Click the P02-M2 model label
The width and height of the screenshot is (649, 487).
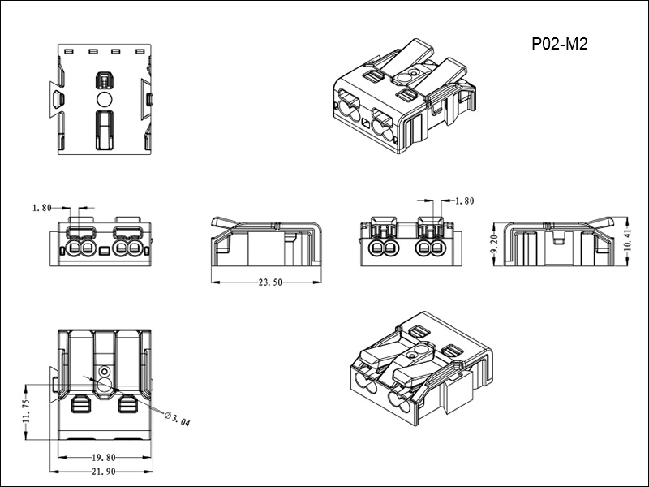click(x=560, y=45)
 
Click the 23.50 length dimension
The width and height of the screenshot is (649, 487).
click(x=270, y=283)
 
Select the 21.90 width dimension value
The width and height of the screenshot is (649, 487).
click(x=104, y=472)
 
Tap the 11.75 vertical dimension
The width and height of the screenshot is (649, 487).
click(x=28, y=410)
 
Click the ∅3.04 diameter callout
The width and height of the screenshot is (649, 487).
click(x=177, y=420)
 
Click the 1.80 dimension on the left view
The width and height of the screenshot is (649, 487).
click(x=43, y=208)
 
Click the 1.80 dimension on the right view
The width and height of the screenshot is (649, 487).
click(x=465, y=200)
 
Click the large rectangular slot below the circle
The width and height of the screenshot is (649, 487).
click(x=104, y=130)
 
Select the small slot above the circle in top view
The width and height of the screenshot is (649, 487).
click(x=104, y=80)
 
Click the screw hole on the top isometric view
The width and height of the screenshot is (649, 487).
click(x=412, y=73)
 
